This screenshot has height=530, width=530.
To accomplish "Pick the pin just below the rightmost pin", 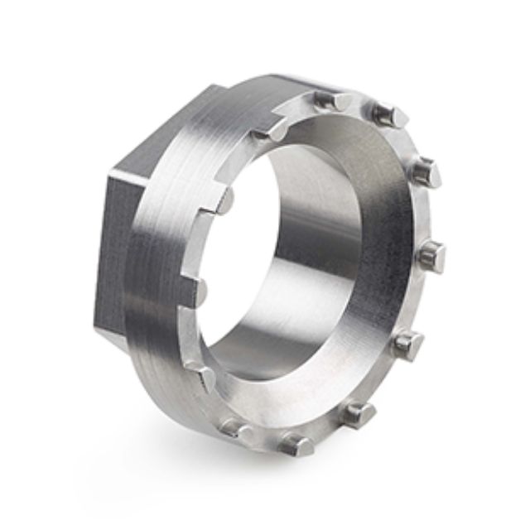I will click(x=407, y=340).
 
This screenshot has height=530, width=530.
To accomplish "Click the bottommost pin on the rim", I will click(x=296, y=445).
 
